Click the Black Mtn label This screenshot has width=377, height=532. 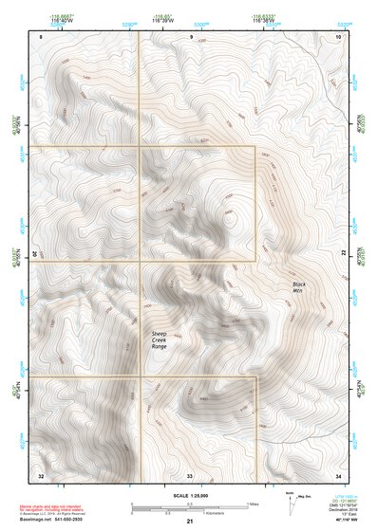(298, 287)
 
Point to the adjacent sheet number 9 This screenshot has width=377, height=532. (191, 34)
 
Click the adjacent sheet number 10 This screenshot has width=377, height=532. (338, 34)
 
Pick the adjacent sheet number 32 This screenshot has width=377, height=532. (41, 474)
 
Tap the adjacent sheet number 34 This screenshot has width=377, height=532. (338, 474)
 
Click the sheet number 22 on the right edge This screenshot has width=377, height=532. (345, 253)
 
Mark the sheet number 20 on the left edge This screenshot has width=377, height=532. (35, 254)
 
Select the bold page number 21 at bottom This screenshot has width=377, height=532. (190, 522)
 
